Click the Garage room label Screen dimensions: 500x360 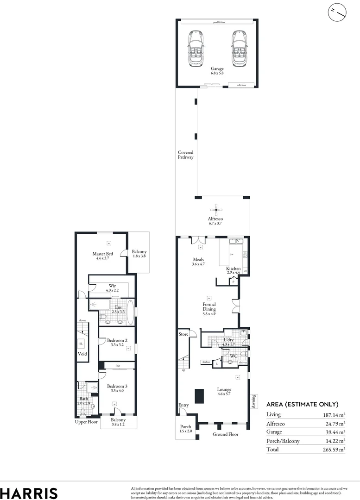pos(217,71)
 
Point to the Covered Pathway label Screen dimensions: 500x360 pos(185,155)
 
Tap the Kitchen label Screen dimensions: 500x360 pos(233,271)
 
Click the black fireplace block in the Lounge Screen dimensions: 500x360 pos(200,396)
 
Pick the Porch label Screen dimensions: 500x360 pos(185,429)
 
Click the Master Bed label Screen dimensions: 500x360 pos(102,256)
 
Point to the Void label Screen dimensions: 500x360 pos(82,354)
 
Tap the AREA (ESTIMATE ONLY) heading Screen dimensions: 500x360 pos(302,404)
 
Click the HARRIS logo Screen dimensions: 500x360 pos(29,493)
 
